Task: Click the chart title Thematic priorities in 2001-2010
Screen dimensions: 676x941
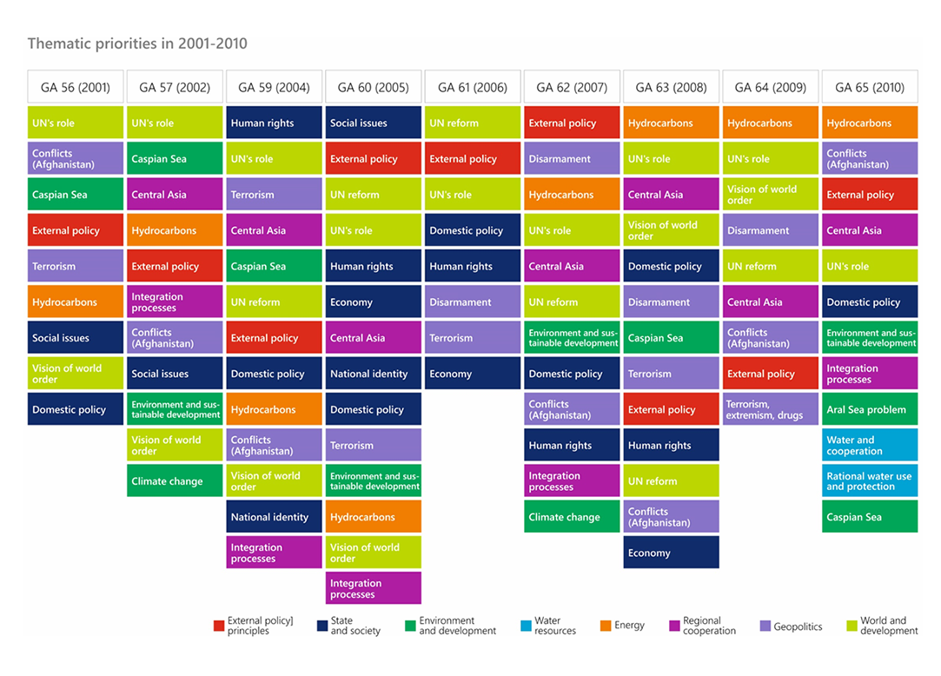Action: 137,43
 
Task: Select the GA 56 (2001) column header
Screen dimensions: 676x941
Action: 76,87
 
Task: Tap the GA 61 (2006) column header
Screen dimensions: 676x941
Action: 472,87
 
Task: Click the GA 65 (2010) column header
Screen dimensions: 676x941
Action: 869,87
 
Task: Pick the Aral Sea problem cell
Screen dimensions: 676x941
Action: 869,409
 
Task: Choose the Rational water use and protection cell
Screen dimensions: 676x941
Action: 869,480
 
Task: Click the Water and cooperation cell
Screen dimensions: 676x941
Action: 869,445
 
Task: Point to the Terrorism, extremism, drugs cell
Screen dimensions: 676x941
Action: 770,409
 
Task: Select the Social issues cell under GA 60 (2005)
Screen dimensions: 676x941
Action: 373,123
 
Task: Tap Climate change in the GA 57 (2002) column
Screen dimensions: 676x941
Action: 175,480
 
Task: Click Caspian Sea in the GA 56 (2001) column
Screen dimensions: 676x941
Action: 76,195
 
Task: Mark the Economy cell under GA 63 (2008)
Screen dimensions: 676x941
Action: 671,553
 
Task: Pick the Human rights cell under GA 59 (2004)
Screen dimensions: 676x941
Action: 274,123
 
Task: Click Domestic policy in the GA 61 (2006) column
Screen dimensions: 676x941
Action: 472,230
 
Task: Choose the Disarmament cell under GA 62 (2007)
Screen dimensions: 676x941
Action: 572,159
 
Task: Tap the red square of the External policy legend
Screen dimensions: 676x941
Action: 219,626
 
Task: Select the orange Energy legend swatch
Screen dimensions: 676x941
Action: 606,626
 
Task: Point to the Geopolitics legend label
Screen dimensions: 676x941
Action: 798,626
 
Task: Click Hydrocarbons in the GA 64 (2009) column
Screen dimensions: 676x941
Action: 770,123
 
